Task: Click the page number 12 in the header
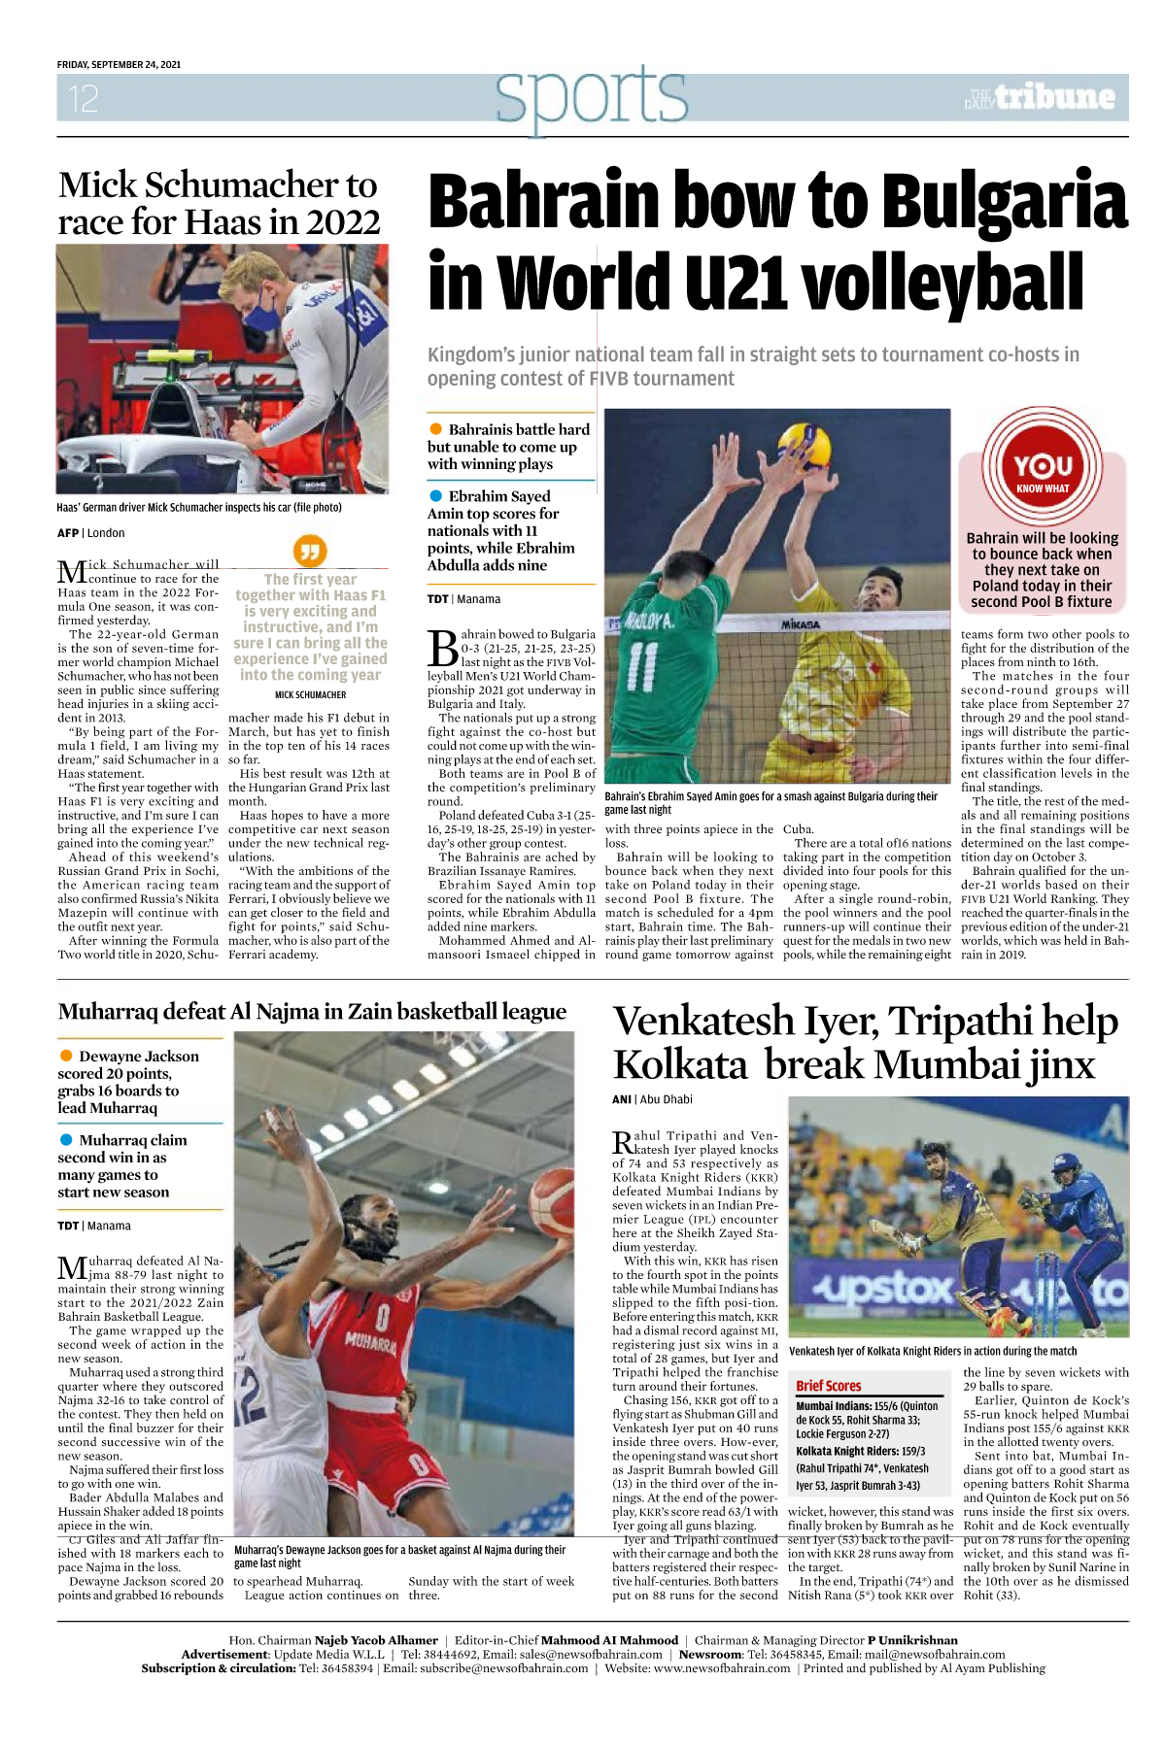(83, 98)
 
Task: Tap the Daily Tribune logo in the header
(1041, 97)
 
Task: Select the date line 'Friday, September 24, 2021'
(119, 64)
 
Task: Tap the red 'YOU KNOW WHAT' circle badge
(1043, 469)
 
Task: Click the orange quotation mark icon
(309, 552)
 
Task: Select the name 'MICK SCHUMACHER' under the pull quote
(310, 694)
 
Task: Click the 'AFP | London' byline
(90, 532)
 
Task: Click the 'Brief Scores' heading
(828, 1386)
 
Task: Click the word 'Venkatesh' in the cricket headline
(704, 1022)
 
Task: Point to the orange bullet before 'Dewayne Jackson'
(66, 1056)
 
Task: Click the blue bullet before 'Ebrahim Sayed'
(436, 496)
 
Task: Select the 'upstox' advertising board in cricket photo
(883, 1290)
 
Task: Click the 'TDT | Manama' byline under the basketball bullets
(93, 1226)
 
